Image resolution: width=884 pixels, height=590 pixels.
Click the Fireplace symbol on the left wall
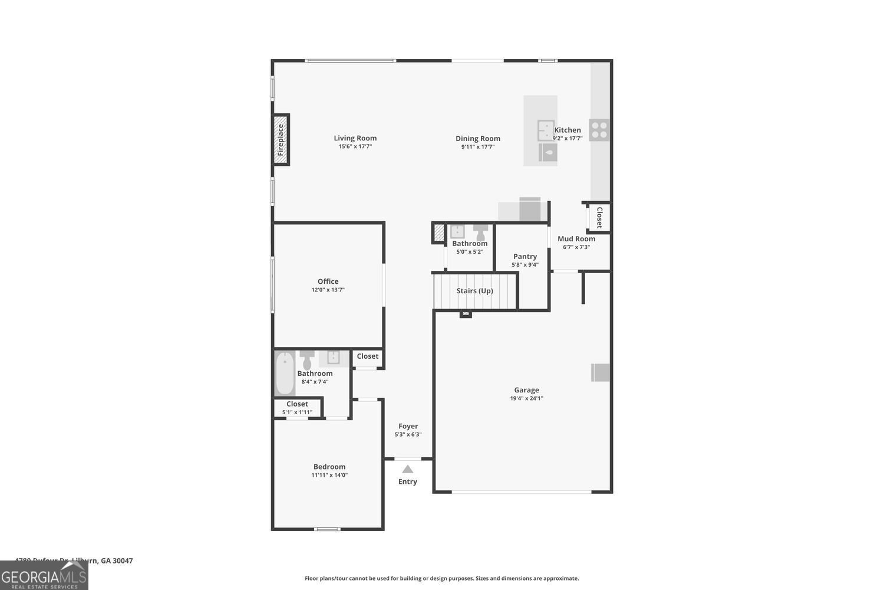click(281, 140)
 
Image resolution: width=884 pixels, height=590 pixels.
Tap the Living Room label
click(355, 138)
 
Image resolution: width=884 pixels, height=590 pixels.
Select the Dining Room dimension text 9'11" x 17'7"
click(477, 147)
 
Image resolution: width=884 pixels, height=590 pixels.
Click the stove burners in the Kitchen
click(599, 130)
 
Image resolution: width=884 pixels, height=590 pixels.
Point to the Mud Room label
click(576, 239)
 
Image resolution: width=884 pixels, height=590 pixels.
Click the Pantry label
click(525, 256)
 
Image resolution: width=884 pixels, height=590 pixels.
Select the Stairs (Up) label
click(474, 291)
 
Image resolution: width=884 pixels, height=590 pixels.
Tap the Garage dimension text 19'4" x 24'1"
click(526, 398)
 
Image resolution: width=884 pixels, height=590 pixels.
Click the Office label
click(328, 281)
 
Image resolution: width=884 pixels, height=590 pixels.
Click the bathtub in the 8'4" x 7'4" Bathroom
click(285, 373)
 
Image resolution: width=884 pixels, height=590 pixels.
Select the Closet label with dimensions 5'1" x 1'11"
click(297, 404)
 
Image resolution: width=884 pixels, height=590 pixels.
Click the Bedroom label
click(329, 467)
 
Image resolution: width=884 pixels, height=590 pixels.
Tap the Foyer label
click(408, 426)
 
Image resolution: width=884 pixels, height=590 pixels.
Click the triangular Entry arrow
click(407, 470)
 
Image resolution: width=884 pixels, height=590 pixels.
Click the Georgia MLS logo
click(44, 575)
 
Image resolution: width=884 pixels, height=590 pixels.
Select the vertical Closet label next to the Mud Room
click(599, 218)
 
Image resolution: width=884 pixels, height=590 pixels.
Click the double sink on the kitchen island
click(546, 130)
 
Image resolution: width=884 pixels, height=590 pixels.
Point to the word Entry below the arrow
click(407, 481)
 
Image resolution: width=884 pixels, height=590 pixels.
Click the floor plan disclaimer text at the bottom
click(441, 578)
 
